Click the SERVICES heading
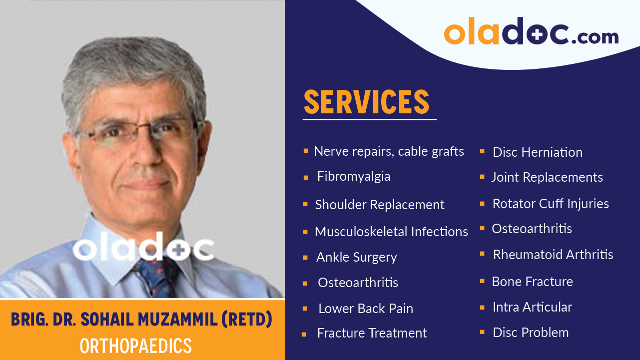(x=366, y=102)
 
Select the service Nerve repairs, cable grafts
(x=389, y=151)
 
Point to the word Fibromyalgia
(x=354, y=176)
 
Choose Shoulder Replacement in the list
(x=380, y=205)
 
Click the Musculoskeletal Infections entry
(x=391, y=232)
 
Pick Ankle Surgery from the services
(x=357, y=257)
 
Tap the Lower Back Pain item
(x=366, y=309)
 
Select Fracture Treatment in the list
(x=372, y=333)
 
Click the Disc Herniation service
(x=538, y=152)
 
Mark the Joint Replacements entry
(x=547, y=177)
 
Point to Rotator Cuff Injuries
(x=551, y=204)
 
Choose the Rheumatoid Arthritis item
(x=553, y=255)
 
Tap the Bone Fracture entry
(x=533, y=282)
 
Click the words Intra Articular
(x=532, y=307)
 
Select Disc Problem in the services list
(x=531, y=333)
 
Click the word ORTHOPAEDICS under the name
(x=136, y=346)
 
